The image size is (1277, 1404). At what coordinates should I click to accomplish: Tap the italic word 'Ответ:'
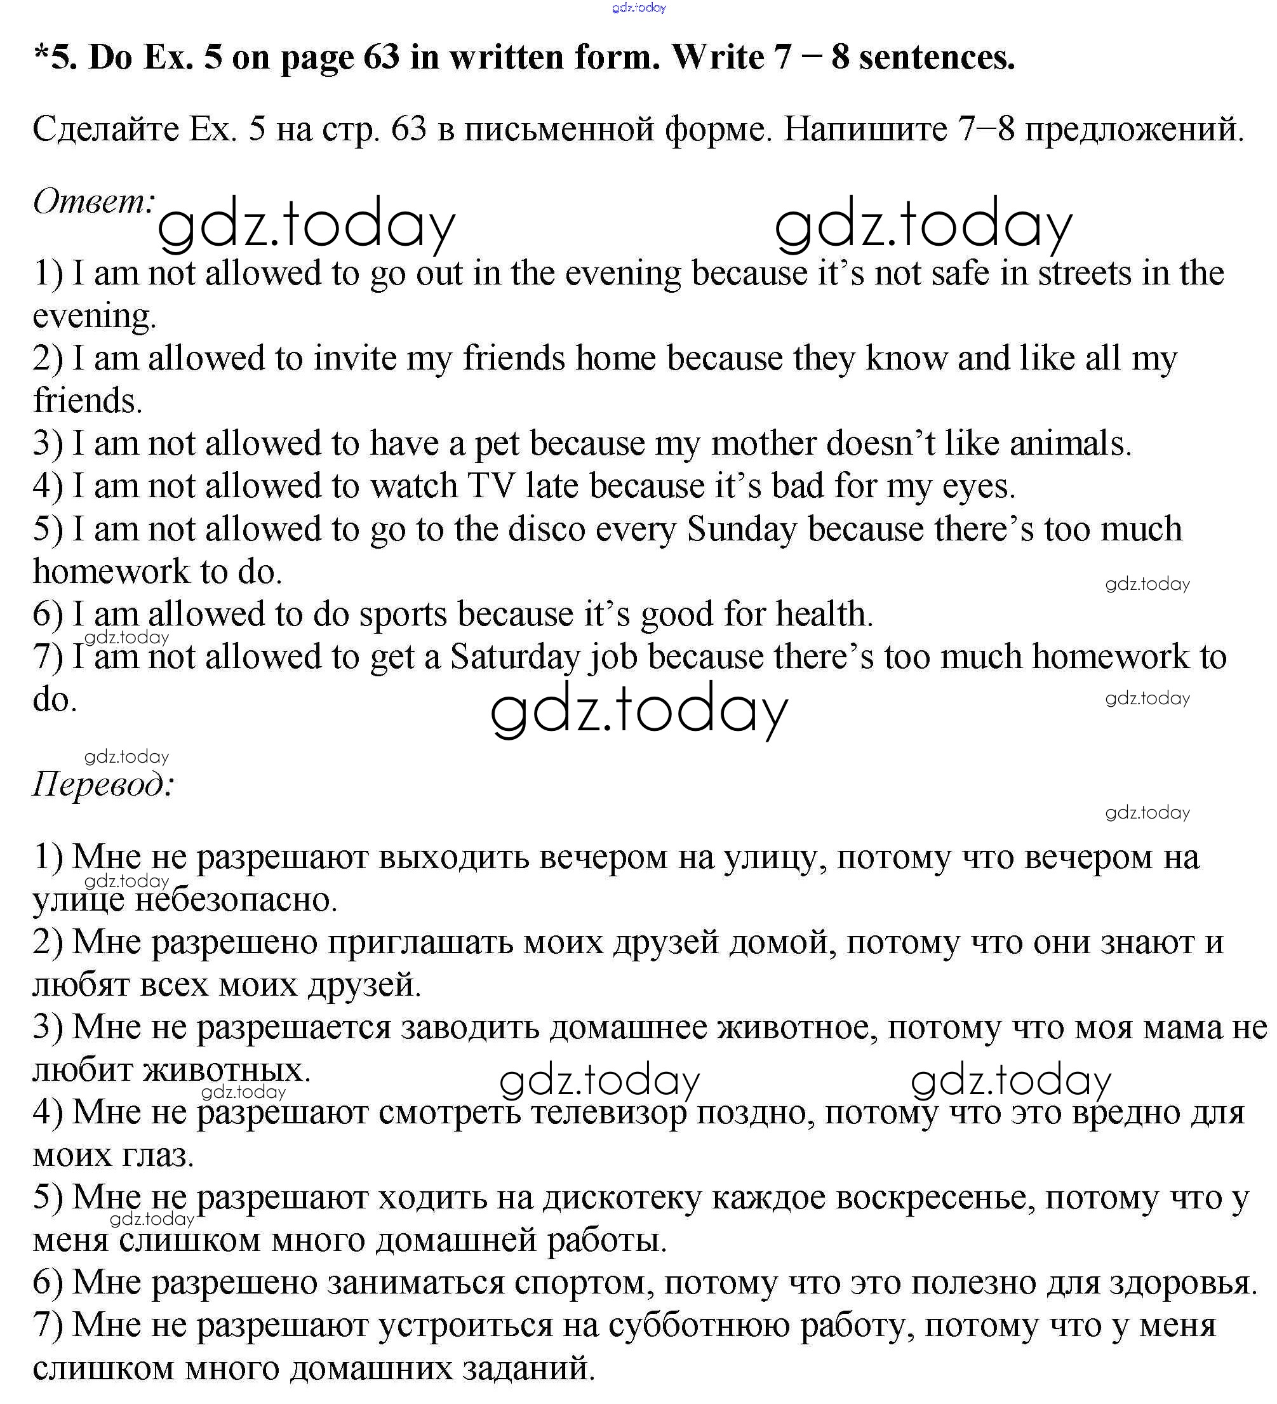tap(93, 202)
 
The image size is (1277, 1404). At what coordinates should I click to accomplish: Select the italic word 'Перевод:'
tap(103, 785)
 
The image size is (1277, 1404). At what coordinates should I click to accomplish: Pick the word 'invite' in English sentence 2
tap(354, 359)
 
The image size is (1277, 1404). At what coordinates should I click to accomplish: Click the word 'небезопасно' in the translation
tap(236, 900)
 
